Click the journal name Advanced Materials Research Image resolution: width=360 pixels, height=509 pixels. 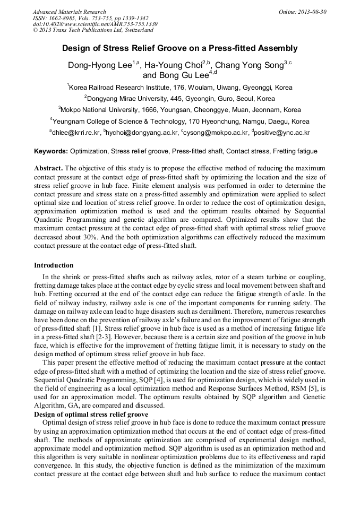tap(69, 12)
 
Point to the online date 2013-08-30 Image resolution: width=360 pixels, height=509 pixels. tap(310, 12)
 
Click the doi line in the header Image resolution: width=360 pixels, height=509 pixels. tap(95, 24)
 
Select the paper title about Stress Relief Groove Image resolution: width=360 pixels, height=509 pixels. tap(180, 48)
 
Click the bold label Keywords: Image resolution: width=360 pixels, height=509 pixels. tap(51, 151)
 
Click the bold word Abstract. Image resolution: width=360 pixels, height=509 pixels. tap(48, 168)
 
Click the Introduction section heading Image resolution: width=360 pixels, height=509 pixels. tap(54, 265)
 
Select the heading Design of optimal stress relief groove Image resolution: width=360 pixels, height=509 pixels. tap(91, 414)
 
